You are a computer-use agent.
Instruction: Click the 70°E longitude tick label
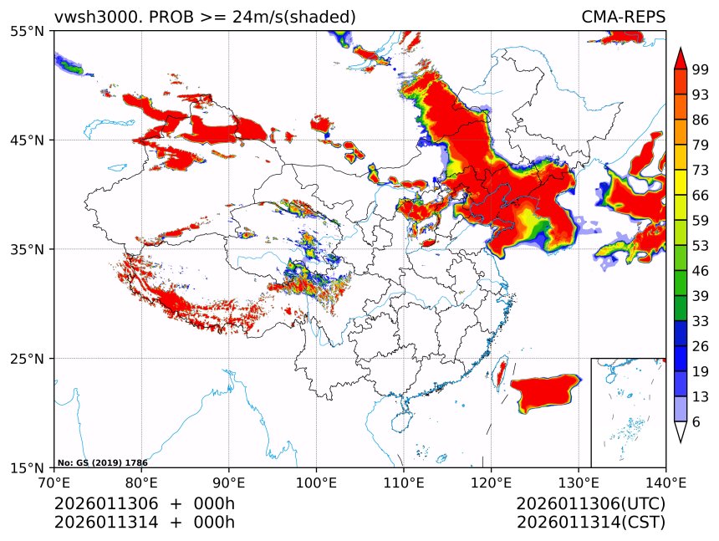[54, 482]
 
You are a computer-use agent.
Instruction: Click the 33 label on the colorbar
[701, 321]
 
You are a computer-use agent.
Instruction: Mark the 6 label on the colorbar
[696, 422]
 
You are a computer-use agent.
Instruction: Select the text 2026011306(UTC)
[590, 504]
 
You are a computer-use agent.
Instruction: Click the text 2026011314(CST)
[590, 523]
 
